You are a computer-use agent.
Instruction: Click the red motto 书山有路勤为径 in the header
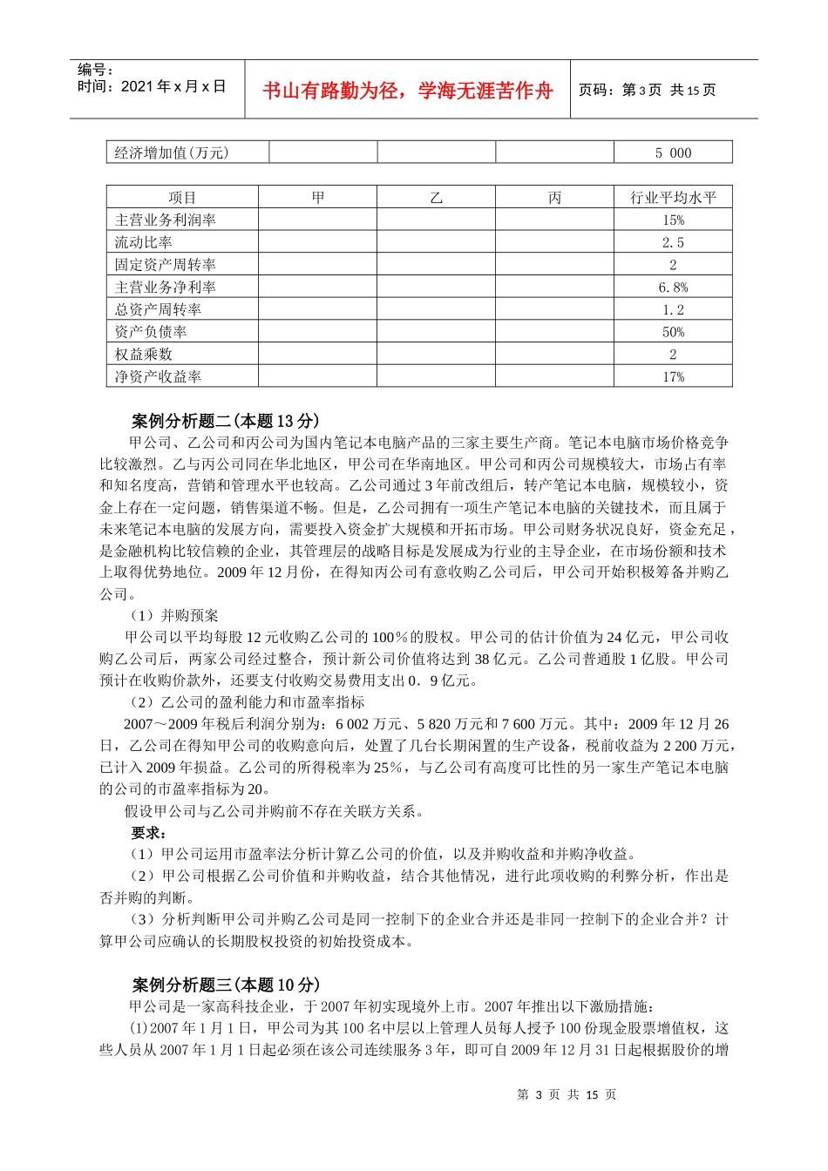[407, 91]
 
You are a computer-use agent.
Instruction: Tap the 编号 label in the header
[95, 70]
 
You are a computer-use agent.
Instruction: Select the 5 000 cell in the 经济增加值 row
[673, 153]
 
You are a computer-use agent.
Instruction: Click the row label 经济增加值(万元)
[172, 153]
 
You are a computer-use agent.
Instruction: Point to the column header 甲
[318, 198]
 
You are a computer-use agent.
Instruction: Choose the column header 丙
[555, 198]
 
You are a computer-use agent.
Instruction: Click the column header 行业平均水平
[673, 198]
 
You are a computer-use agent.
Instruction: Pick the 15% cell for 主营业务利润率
[673, 220]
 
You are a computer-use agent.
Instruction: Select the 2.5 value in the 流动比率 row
[673, 243]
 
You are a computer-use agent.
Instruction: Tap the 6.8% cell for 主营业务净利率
[673, 288]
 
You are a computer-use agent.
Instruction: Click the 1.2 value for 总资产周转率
[673, 310]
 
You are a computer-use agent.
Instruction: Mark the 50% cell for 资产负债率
[673, 332]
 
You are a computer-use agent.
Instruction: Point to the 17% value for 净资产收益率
[673, 377]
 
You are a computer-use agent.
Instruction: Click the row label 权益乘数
[144, 355]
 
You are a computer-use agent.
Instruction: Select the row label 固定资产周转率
[166, 265]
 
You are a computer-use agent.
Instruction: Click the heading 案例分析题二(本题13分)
[226, 422]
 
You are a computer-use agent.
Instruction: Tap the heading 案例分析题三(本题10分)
[226, 985]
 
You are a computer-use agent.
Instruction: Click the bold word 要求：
[149, 833]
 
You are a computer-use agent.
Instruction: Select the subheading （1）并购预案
[174, 616]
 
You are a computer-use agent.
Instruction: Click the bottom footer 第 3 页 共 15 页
[567, 1095]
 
